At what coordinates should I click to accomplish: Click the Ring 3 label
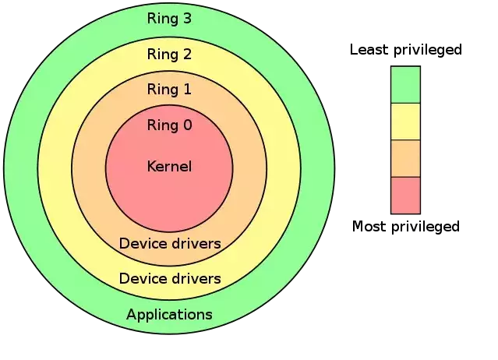click(169, 19)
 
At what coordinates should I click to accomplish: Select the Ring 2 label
click(169, 54)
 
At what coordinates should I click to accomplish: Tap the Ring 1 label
click(169, 89)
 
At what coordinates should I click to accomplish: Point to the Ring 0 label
click(170, 125)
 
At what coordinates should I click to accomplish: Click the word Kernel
click(169, 166)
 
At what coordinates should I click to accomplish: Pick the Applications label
click(169, 315)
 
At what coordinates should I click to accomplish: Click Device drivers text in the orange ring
click(170, 243)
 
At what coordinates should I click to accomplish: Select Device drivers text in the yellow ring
click(170, 279)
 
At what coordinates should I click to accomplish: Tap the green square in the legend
click(405, 85)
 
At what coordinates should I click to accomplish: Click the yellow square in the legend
click(405, 122)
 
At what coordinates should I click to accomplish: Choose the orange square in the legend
click(405, 158)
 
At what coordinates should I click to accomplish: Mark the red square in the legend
click(405, 196)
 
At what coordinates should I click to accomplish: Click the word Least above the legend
click(370, 50)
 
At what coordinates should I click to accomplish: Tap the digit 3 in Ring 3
click(187, 19)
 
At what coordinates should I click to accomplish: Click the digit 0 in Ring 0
click(188, 125)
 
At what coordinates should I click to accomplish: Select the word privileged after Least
click(428, 51)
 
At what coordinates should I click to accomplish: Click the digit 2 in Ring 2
click(187, 54)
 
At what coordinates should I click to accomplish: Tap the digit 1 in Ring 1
click(187, 89)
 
